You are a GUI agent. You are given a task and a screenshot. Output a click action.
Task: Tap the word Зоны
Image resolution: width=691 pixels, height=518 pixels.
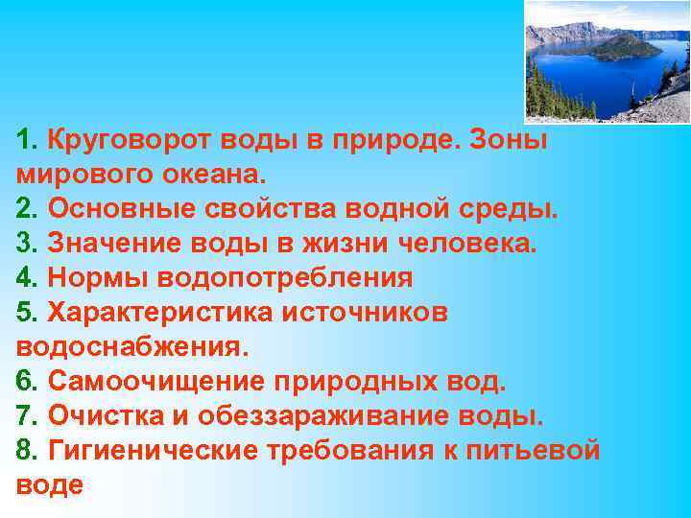click(514, 141)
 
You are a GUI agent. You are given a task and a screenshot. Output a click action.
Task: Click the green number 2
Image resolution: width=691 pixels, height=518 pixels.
click(24, 210)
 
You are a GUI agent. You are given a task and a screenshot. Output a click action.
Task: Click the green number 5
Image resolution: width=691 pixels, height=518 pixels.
click(24, 314)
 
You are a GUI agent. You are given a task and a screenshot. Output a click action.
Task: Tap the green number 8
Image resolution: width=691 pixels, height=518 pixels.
click(24, 452)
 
